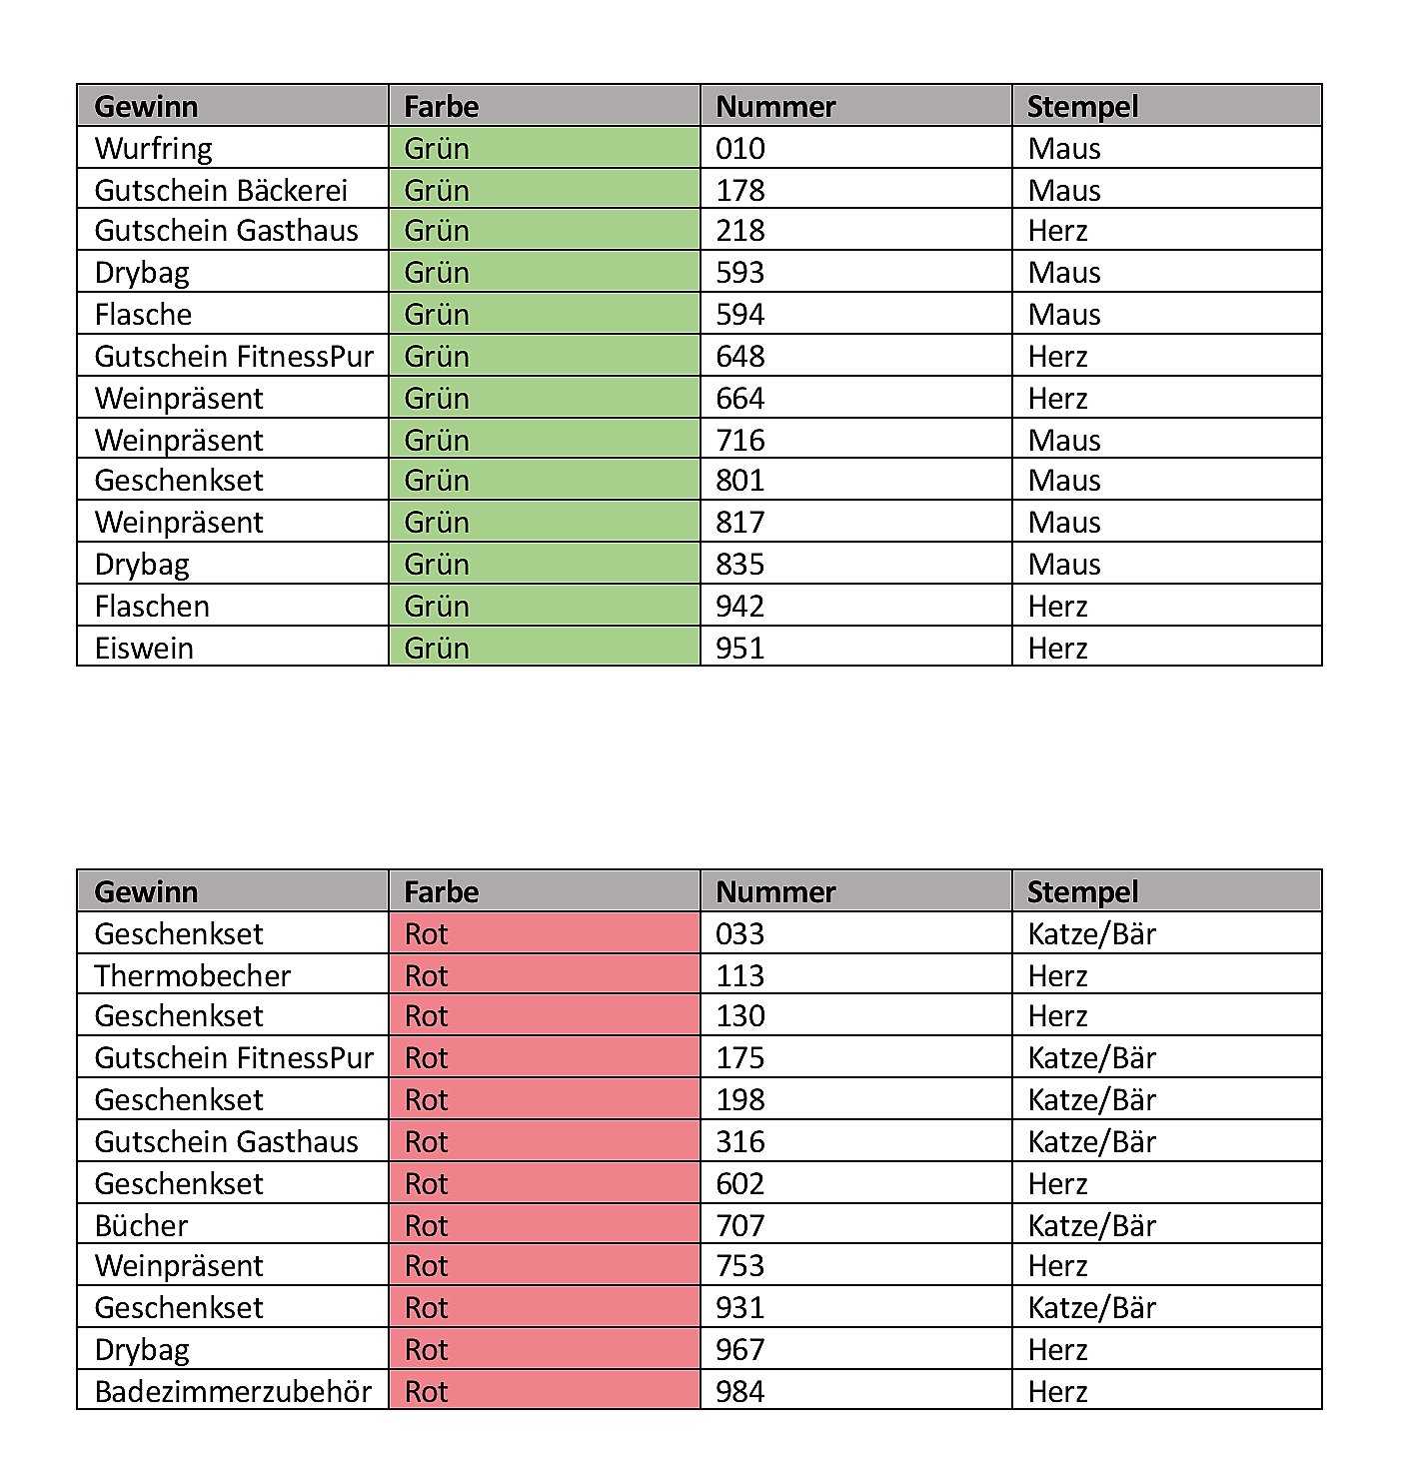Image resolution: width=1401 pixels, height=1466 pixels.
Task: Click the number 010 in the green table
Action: pyautogui.click(x=740, y=149)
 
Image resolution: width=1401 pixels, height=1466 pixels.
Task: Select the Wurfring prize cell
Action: pyautogui.click(x=154, y=149)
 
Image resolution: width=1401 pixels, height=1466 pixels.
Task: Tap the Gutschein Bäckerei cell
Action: pyautogui.click(x=221, y=190)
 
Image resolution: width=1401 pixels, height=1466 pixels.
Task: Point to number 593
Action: pyautogui.click(x=740, y=273)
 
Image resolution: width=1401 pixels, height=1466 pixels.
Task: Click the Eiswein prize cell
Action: pyautogui.click(x=144, y=649)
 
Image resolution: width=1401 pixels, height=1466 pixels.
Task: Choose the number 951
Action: pyautogui.click(x=740, y=649)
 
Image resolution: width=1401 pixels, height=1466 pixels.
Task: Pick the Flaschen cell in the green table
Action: pyautogui.click(x=152, y=607)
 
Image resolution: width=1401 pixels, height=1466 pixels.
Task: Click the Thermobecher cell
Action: pyautogui.click(x=193, y=975)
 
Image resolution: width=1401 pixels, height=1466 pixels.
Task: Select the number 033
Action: pyautogui.click(x=740, y=934)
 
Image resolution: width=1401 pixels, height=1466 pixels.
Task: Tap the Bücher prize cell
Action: pyautogui.click(x=141, y=1226)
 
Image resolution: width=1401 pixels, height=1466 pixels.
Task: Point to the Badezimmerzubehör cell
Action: pyautogui.click(x=233, y=1392)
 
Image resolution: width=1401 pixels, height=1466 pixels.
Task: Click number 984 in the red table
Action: pyautogui.click(x=740, y=1392)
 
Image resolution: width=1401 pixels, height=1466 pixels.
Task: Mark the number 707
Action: pyautogui.click(x=740, y=1226)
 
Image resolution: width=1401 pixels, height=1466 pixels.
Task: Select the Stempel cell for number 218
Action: pyautogui.click(x=1058, y=231)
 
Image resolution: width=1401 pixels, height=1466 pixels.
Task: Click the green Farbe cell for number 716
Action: pyautogui.click(x=544, y=440)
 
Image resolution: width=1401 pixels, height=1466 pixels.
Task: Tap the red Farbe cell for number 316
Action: pyautogui.click(x=544, y=1141)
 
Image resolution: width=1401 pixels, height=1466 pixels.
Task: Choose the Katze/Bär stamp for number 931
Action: pyautogui.click(x=1092, y=1308)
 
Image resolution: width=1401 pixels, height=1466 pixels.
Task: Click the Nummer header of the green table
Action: pyautogui.click(x=776, y=107)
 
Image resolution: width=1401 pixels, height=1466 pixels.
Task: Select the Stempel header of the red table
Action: pyautogui.click(x=1083, y=892)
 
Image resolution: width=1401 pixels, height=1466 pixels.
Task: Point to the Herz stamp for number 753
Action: pyautogui.click(x=1058, y=1266)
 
